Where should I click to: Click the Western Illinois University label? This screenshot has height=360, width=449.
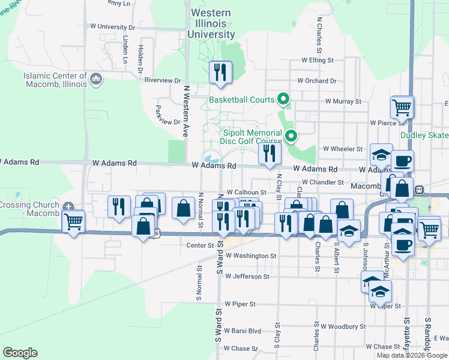coord(215,23)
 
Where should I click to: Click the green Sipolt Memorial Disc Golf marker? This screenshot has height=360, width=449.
coord(291,136)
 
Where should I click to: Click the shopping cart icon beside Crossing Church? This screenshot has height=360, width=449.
coord(73,222)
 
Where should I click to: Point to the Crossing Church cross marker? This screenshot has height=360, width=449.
coord(69,206)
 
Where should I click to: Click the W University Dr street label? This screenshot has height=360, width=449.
coord(112,27)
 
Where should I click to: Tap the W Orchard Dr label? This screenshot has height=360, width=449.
coord(317,80)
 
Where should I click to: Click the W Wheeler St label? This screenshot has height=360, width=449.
coord(343,148)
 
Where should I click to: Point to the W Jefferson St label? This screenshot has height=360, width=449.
coord(247,277)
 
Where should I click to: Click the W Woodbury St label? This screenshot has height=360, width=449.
coord(343,326)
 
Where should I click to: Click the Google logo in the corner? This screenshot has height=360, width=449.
coord(20,353)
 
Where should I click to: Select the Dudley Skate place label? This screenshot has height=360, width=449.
coord(424,136)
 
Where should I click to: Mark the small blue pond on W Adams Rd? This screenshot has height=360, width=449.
coord(211,159)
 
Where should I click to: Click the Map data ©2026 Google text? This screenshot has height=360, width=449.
coord(412,355)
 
